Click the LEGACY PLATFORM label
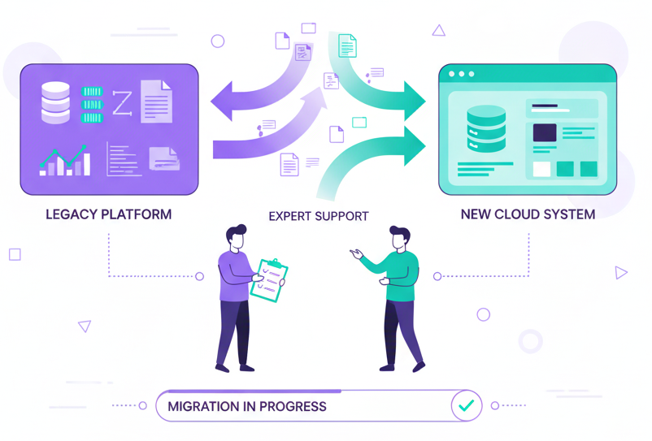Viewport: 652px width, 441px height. pos(109,215)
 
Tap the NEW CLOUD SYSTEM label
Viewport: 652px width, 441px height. pos(528,215)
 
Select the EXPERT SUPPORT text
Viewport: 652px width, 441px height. pos(319,217)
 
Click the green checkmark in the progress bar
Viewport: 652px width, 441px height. pos(466,404)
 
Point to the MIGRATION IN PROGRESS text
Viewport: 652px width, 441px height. pos(246,406)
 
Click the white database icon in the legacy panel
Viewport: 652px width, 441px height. pos(56,102)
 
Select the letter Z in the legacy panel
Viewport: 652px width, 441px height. pos(121,103)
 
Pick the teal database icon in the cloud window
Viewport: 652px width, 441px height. pos(486,128)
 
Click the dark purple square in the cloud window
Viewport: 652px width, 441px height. pos(544,133)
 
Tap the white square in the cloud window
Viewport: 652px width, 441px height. pos(541,169)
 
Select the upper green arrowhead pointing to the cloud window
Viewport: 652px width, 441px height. pos(415,101)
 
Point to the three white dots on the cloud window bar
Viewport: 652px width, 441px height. pos(461,74)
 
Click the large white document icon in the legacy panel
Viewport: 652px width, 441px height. pos(156,102)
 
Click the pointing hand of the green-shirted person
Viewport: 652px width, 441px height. pos(355,253)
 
